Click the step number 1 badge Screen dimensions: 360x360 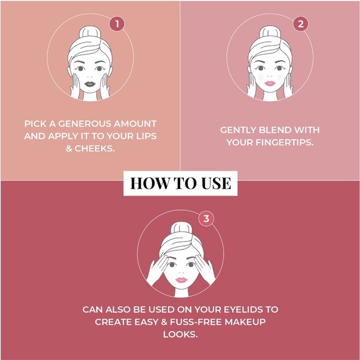coord(117,24)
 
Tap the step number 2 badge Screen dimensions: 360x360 coord(300,24)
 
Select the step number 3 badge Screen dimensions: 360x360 coord(206,218)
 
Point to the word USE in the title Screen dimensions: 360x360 coord(216,184)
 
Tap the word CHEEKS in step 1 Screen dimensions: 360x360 coord(94,148)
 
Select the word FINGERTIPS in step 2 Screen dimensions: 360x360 coord(284,142)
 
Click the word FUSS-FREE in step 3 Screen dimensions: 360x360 coord(196,322)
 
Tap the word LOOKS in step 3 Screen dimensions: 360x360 coord(181,335)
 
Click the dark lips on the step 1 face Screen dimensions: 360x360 coord(90,84)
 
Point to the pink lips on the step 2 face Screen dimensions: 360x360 coord(270,83)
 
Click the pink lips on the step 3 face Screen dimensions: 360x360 coord(181,280)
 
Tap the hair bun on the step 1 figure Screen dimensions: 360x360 coord(90,32)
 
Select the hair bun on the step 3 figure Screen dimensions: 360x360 coord(181,228)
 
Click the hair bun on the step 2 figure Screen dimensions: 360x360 coord(270,32)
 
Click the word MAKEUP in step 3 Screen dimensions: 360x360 coord(245,322)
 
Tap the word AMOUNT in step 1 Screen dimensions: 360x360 coord(135,124)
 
